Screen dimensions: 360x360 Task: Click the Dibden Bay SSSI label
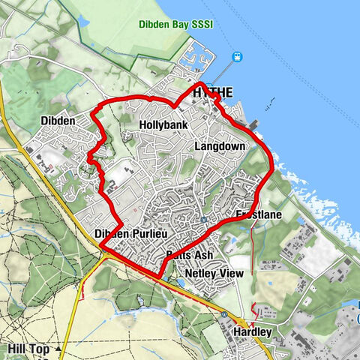click(x=185, y=24)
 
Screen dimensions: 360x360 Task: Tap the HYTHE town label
click(x=212, y=93)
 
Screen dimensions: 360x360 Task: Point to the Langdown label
click(x=220, y=146)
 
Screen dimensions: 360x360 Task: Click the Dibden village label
click(x=58, y=121)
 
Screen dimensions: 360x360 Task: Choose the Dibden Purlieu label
click(x=127, y=235)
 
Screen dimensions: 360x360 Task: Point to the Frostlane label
click(x=259, y=215)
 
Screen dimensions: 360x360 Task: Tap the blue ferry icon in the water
click(x=238, y=56)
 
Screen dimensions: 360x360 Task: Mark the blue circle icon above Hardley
click(x=223, y=314)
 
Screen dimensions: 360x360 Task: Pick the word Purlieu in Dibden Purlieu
click(x=142, y=235)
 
